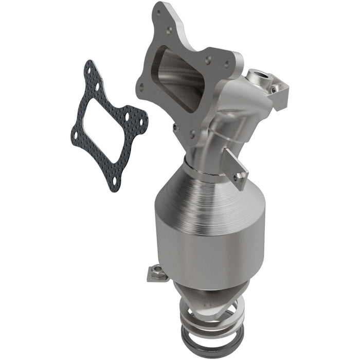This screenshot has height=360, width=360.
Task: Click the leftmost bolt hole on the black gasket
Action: (x=76, y=135)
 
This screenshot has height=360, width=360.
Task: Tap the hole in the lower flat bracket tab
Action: (x=238, y=176)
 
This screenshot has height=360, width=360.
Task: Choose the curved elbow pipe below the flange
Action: (x=211, y=139)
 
